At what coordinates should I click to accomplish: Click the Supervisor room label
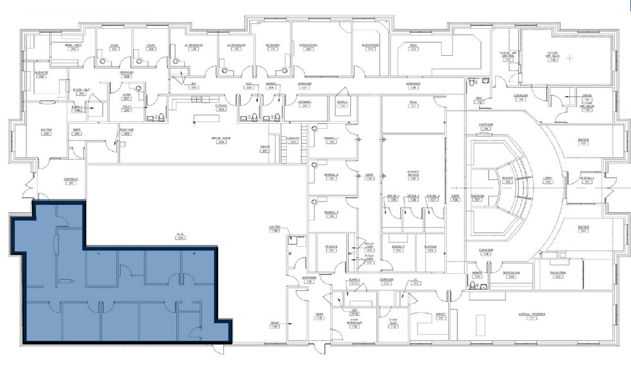(371, 46)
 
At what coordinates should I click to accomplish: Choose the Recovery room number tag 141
(273, 49)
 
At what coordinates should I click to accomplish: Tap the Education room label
(557, 273)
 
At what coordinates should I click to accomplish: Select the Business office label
(42, 74)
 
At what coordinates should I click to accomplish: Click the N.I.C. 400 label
(180, 236)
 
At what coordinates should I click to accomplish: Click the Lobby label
(548, 180)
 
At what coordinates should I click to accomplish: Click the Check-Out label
(81, 92)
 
